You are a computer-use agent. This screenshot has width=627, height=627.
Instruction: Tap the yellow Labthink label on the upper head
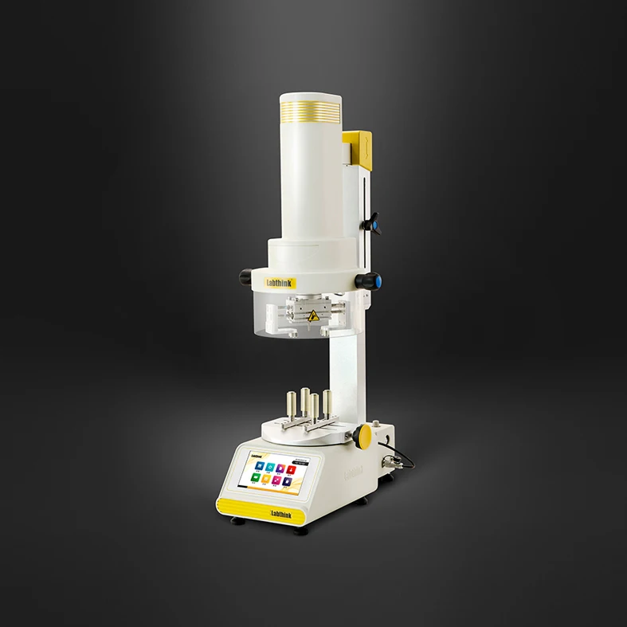click(279, 283)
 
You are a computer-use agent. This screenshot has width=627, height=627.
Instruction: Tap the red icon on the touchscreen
click(292, 468)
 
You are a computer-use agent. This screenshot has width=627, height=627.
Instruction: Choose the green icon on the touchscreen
click(255, 478)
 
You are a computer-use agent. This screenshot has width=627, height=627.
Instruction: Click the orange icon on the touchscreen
click(266, 480)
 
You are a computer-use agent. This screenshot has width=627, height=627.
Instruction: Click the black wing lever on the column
click(370, 225)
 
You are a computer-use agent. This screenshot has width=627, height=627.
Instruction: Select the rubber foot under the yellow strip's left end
click(236, 522)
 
